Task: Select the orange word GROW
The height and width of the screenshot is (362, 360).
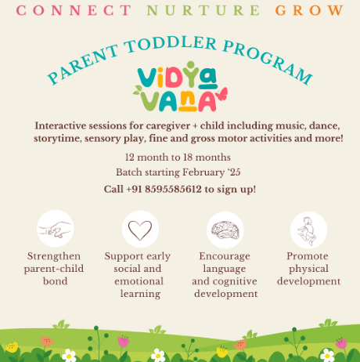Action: (309, 11)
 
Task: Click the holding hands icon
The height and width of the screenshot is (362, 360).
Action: (55, 229)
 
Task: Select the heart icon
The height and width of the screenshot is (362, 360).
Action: (140, 229)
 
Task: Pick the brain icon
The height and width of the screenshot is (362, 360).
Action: (225, 229)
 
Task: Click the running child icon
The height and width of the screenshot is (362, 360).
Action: (308, 229)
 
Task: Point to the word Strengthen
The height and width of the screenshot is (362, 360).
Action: (55, 256)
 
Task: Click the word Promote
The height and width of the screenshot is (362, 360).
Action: (308, 256)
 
